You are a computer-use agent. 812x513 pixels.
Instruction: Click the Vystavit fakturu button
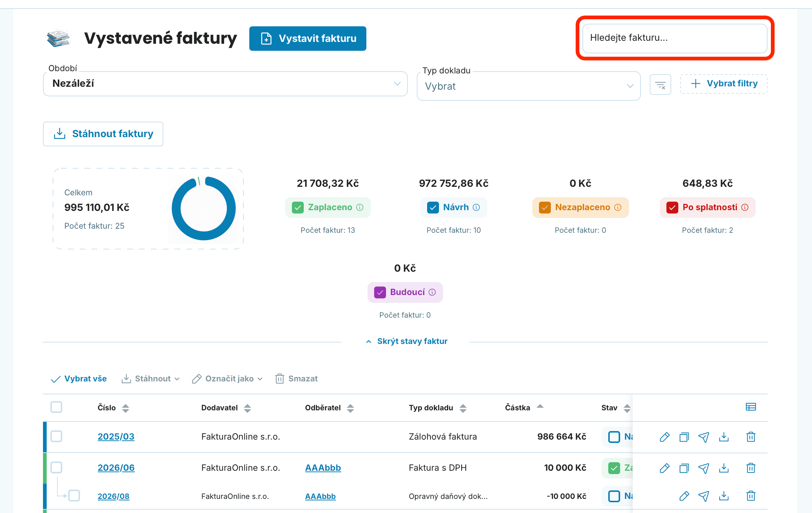click(307, 39)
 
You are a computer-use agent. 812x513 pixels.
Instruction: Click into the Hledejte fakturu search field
click(675, 38)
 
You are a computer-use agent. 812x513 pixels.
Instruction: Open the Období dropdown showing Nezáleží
click(225, 84)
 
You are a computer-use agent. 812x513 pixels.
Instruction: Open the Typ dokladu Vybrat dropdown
click(529, 86)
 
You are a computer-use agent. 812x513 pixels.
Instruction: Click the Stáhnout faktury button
click(103, 134)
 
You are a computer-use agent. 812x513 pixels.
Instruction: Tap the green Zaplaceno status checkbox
click(298, 208)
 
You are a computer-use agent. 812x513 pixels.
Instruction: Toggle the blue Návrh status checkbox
click(433, 208)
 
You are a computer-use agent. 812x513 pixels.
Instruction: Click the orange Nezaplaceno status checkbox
click(545, 208)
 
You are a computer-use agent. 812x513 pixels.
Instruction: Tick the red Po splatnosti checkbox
click(672, 208)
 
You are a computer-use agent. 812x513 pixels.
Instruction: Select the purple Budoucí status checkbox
click(380, 292)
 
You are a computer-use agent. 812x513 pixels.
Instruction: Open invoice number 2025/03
click(116, 437)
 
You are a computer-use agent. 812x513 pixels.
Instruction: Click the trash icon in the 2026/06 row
click(751, 468)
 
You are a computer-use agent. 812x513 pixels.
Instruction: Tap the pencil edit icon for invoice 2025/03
click(665, 437)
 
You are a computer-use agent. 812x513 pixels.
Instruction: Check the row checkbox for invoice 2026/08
click(74, 496)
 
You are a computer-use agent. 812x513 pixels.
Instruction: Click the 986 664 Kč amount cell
click(562, 437)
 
